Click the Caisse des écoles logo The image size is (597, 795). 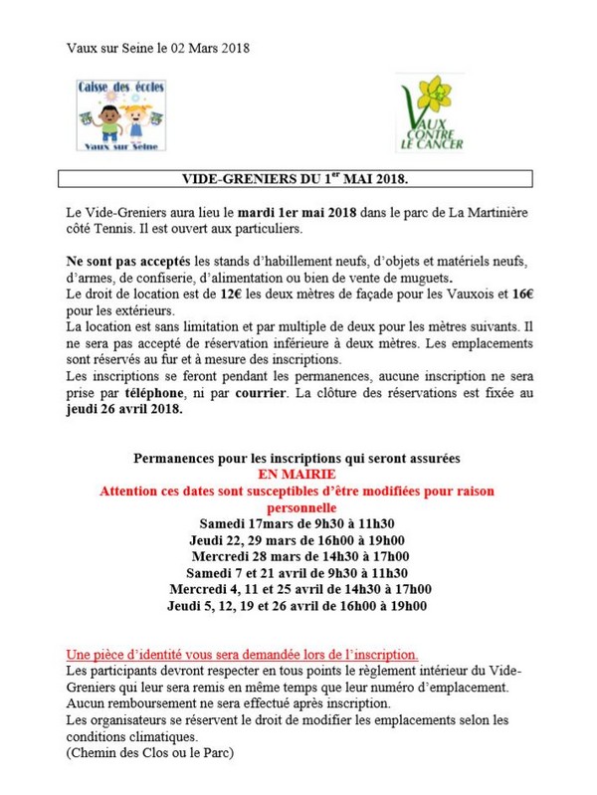click(121, 113)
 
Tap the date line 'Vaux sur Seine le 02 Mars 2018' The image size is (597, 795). click(157, 47)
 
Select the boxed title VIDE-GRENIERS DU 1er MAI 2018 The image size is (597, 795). click(297, 180)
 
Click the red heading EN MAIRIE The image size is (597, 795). click(298, 475)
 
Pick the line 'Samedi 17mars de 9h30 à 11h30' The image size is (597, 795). click(298, 523)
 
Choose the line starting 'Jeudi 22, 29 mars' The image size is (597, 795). click(298, 540)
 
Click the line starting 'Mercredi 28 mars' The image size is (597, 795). click(298, 556)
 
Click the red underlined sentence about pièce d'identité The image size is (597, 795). click(242, 655)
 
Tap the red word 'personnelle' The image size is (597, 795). click(298, 507)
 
